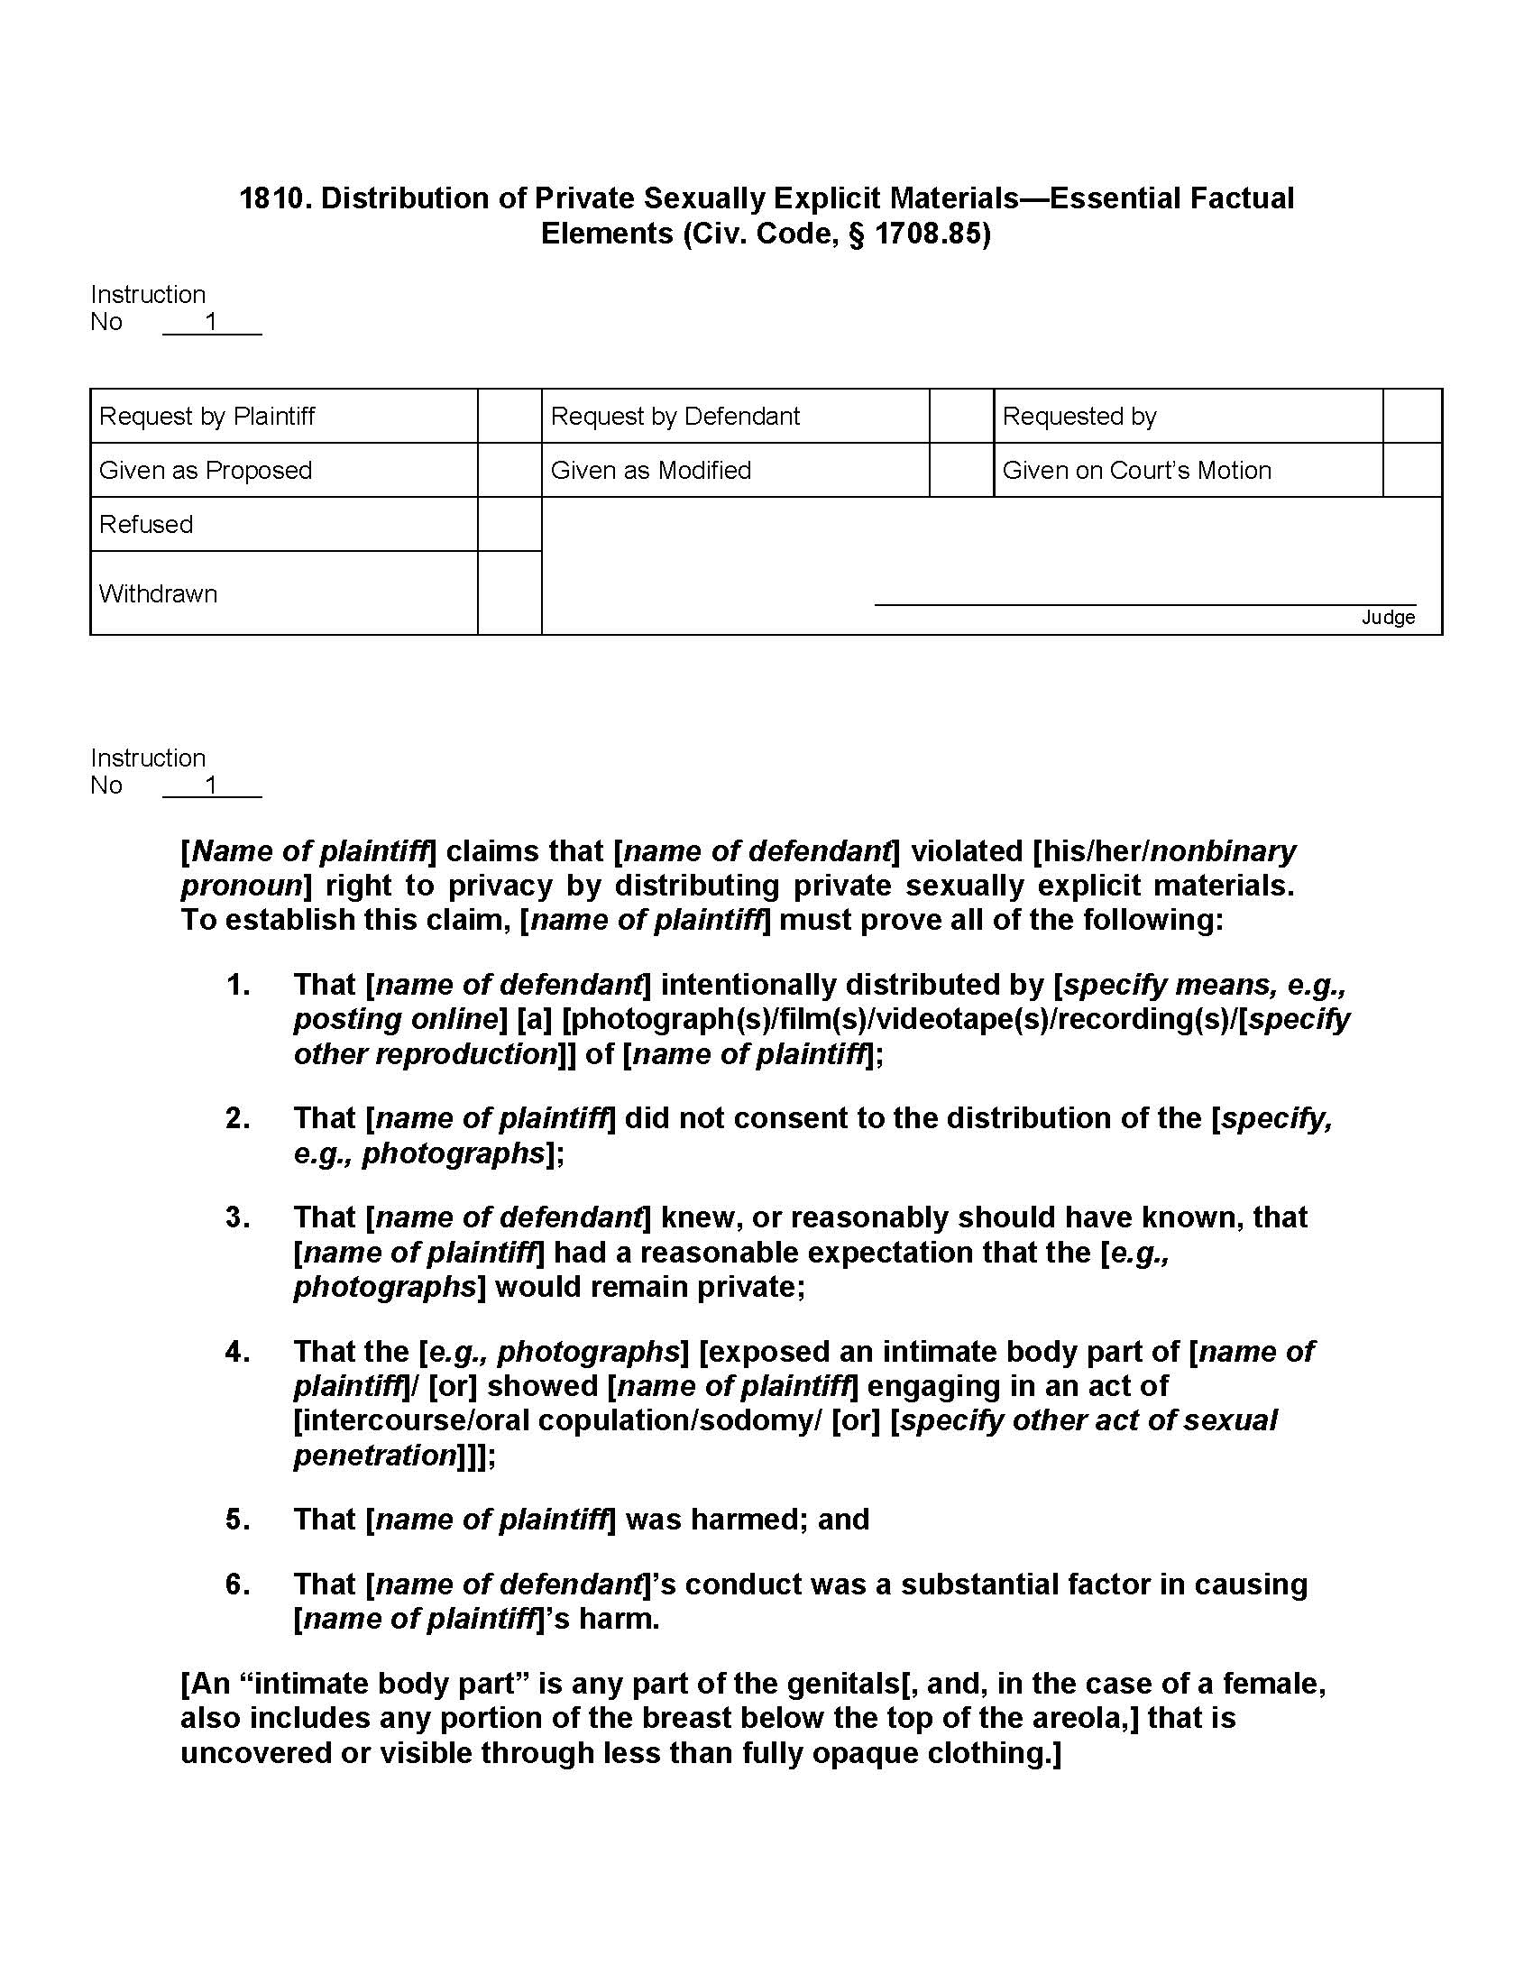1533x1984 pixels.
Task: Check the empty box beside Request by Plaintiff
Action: pyautogui.click(x=509, y=416)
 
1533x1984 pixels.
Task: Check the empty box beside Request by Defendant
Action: pyautogui.click(x=961, y=416)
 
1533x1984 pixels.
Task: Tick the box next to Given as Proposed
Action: pyautogui.click(x=509, y=470)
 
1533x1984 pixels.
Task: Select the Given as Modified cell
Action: pyautogui.click(x=650, y=470)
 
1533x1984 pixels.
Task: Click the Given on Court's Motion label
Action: pyautogui.click(x=1136, y=470)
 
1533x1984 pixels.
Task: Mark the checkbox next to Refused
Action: pyautogui.click(x=509, y=524)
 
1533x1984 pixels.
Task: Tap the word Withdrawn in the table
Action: pyautogui.click(x=158, y=593)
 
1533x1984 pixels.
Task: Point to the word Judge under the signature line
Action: pyautogui.click(x=1388, y=618)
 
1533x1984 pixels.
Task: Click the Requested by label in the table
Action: pyautogui.click(x=1079, y=416)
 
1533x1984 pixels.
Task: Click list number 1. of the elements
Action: pyautogui.click(x=238, y=985)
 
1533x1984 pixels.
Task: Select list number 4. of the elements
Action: pyautogui.click(x=238, y=1352)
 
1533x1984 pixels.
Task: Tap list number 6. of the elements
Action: pyautogui.click(x=238, y=1584)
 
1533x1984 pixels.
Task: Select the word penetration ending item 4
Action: pyautogui.click(x=374, y=1456)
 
